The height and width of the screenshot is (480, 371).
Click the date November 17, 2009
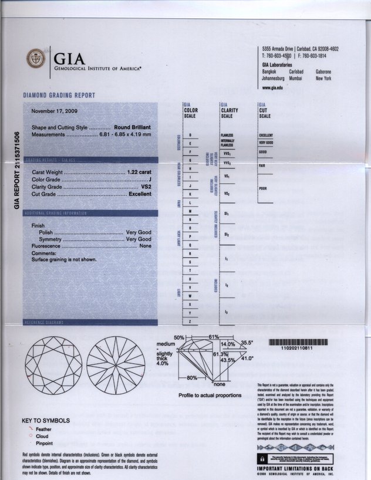[54, 110]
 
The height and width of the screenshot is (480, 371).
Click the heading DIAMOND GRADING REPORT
[59, 95]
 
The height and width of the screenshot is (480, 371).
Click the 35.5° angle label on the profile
[247, 343]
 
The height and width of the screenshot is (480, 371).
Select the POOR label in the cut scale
[263, 188]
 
